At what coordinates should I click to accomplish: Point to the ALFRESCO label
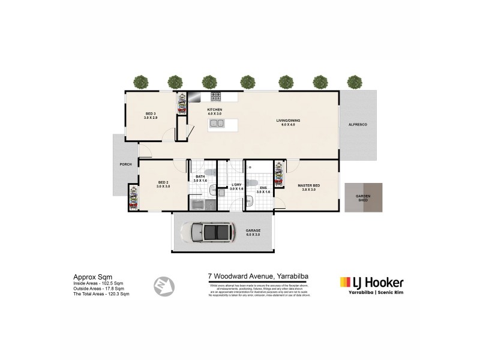[x=358, y=124]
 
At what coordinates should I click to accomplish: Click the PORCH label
[x=125, y=164]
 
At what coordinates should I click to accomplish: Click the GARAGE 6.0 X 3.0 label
[x=253, y=233]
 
